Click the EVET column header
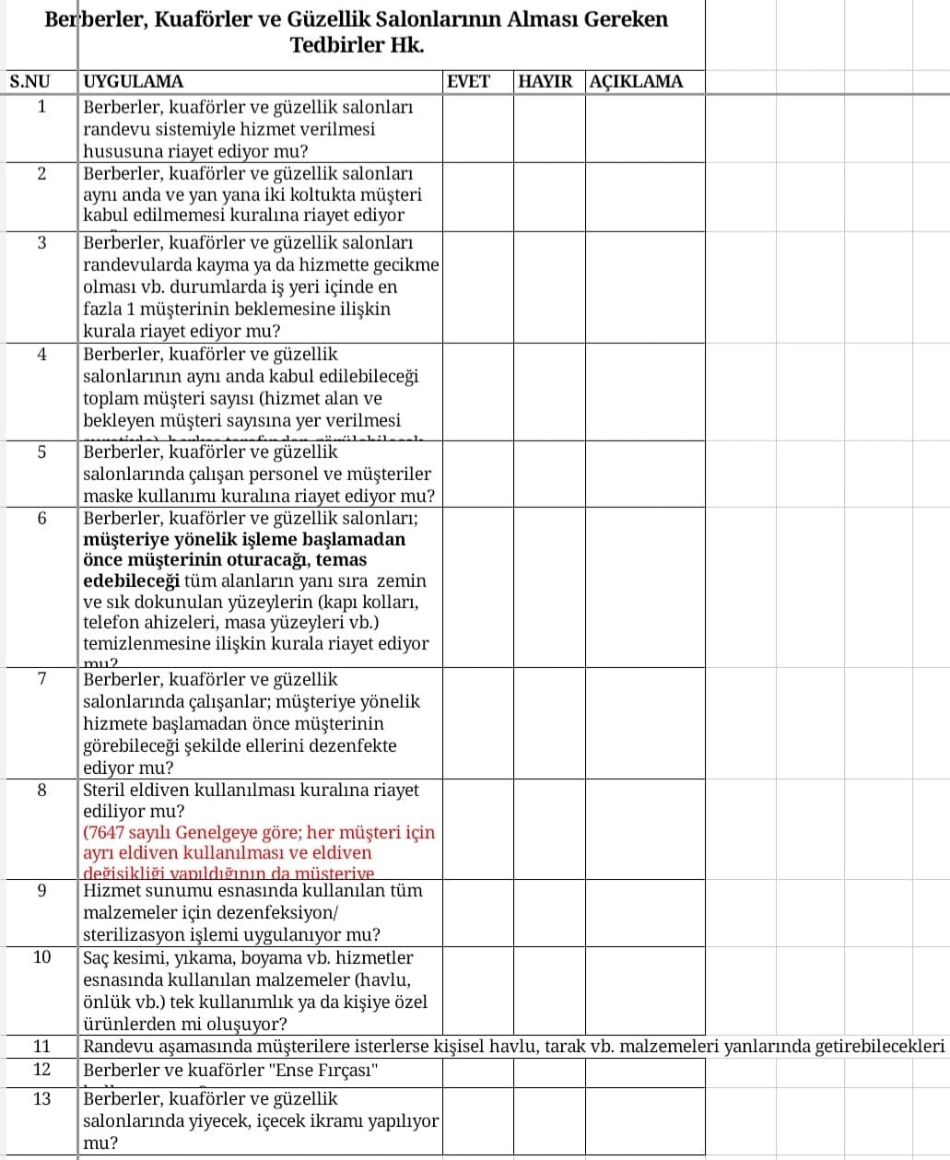pyautogui.click(x=468, y=81)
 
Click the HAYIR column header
pyautogui.click(x=545, y=81)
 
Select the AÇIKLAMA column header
pyautogui.click(x=636, y=81)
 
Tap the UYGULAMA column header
pyautogui.click(x=134, y=81)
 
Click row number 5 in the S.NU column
pyautogui.click(x=41, y=452)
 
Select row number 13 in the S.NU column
pyautogui.click(x=41, y=1098)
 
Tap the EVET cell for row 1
pyautogui.click(x=477, y=128)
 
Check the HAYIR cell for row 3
pyautogui.click(x=548, y=287)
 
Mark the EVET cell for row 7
pyautogui.click(x=477, y=723)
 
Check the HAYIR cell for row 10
pyautogui.click(x=548, y=990)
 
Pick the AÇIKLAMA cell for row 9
pyautogui.click(x=645, y=912)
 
